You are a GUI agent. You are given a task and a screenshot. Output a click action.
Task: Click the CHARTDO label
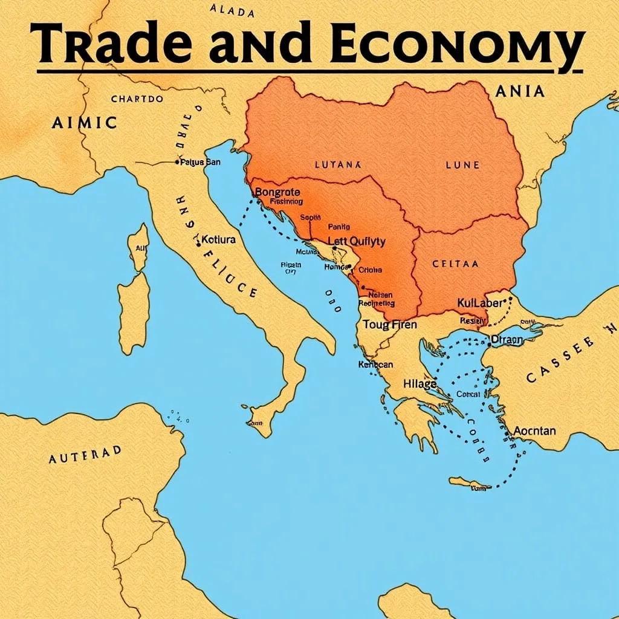click(x=137, y=99)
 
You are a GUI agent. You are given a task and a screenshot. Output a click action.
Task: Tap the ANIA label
click(x=519, y=92)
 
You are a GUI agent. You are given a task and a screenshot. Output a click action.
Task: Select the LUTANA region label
click(x=337, y=164)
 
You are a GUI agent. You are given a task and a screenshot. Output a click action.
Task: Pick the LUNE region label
click(x=462, y=164)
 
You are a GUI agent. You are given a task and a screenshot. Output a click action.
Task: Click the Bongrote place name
click(x=278, y=192)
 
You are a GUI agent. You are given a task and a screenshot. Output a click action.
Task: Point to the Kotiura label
click(x=218, y=239)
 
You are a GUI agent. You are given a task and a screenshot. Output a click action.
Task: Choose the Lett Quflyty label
click(x=356, y=241)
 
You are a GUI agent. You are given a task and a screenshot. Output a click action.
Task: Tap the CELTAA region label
click(x=455, y=264)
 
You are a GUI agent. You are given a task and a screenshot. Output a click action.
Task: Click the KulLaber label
click(x=480, y=302)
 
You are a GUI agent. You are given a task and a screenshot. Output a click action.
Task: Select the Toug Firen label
click(x=390, y=325)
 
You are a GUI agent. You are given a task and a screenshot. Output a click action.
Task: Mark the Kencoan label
click(x=375, y=365)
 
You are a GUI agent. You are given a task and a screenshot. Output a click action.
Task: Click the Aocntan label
click(x=534, y=431)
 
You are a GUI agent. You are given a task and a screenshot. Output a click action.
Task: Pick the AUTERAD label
click(x=85, y=454)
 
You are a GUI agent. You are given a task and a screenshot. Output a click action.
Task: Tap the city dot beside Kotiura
click(x=198, y=244)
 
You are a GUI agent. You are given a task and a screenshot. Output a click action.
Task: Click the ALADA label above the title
click(x=233, y=10)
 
